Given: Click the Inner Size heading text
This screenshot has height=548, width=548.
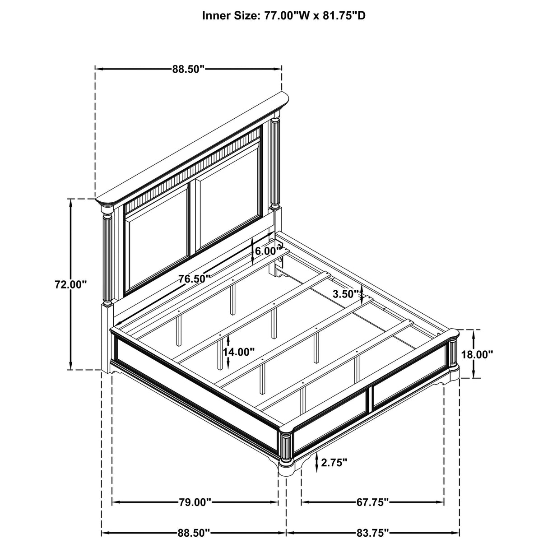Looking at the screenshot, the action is pyautogui.click(x=283, y=16).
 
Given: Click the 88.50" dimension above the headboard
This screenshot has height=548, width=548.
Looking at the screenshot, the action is pyautogui.click(x=188, y=69).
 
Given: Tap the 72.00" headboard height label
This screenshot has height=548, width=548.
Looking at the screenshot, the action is pyautogui.click(x=70, y=284).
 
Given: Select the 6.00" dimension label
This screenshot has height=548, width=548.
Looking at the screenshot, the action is pyautogui.click(x=266, y=251).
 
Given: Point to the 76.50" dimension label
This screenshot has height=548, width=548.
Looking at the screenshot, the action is pyautogui.click(x=194, y=279).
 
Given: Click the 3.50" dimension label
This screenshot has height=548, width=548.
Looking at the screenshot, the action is pyautogui.click(x=345, y=294).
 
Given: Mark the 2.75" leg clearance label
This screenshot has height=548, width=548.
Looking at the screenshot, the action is pyautogui.click(x=334, y=462).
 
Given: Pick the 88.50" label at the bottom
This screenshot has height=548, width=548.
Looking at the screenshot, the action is pyautogui.click(x=194, y=533).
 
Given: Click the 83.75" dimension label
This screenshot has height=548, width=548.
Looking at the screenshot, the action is pyautogui.click(x=372, y=533).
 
